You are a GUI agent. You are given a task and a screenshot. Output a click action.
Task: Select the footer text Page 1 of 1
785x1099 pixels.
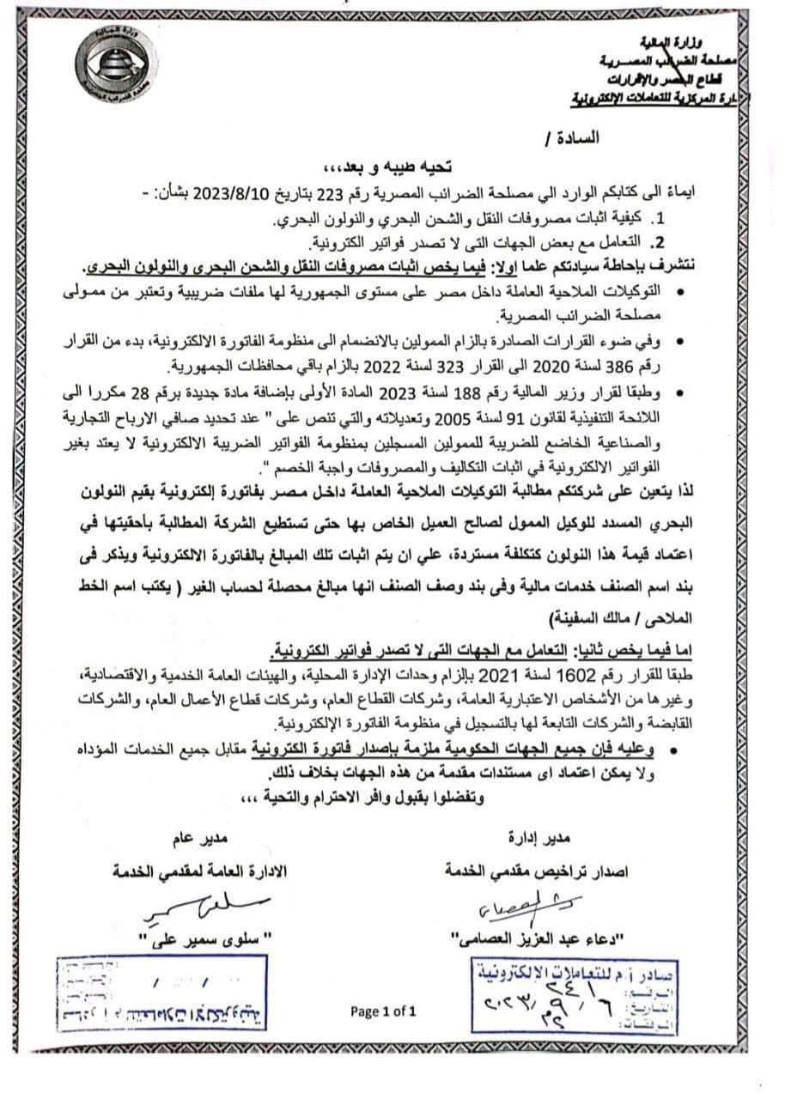383,1011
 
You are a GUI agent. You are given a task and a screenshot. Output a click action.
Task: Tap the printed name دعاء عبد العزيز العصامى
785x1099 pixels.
527,936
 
